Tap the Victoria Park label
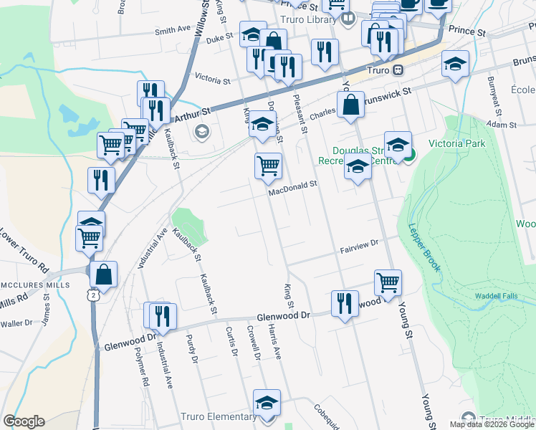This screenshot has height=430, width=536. click(x=457, y=143)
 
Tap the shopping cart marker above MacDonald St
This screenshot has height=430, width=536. click(x=268, y=166)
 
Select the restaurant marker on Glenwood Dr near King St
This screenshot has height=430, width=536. click(x=345, y=303)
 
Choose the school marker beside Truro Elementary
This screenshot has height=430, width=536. click(x=267, y=403)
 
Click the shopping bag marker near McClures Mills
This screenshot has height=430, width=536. click(x=104, y=274)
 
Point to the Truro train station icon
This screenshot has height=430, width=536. click(x=397, y=70)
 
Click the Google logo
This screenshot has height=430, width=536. click(x=24, y=421)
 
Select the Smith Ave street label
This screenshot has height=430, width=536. click(x=173, y=31)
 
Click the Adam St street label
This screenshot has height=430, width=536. click(x=501, y=125)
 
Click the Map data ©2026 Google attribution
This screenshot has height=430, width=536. click(x=491, y=424)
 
